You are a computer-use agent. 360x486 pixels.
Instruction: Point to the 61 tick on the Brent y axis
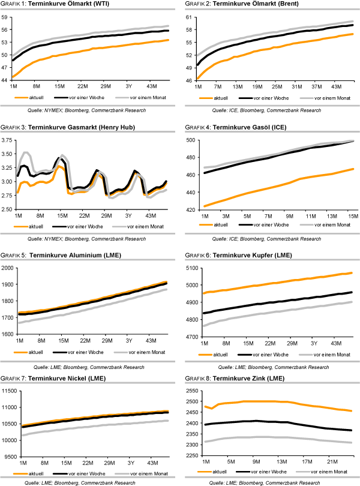pyautogui.click(x=191, y=17)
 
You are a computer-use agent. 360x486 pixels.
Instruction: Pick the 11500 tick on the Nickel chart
pyautogui.click(x=8, y=391)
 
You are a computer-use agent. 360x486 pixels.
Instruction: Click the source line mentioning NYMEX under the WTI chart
pyautogui.click(x=86, y=111)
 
